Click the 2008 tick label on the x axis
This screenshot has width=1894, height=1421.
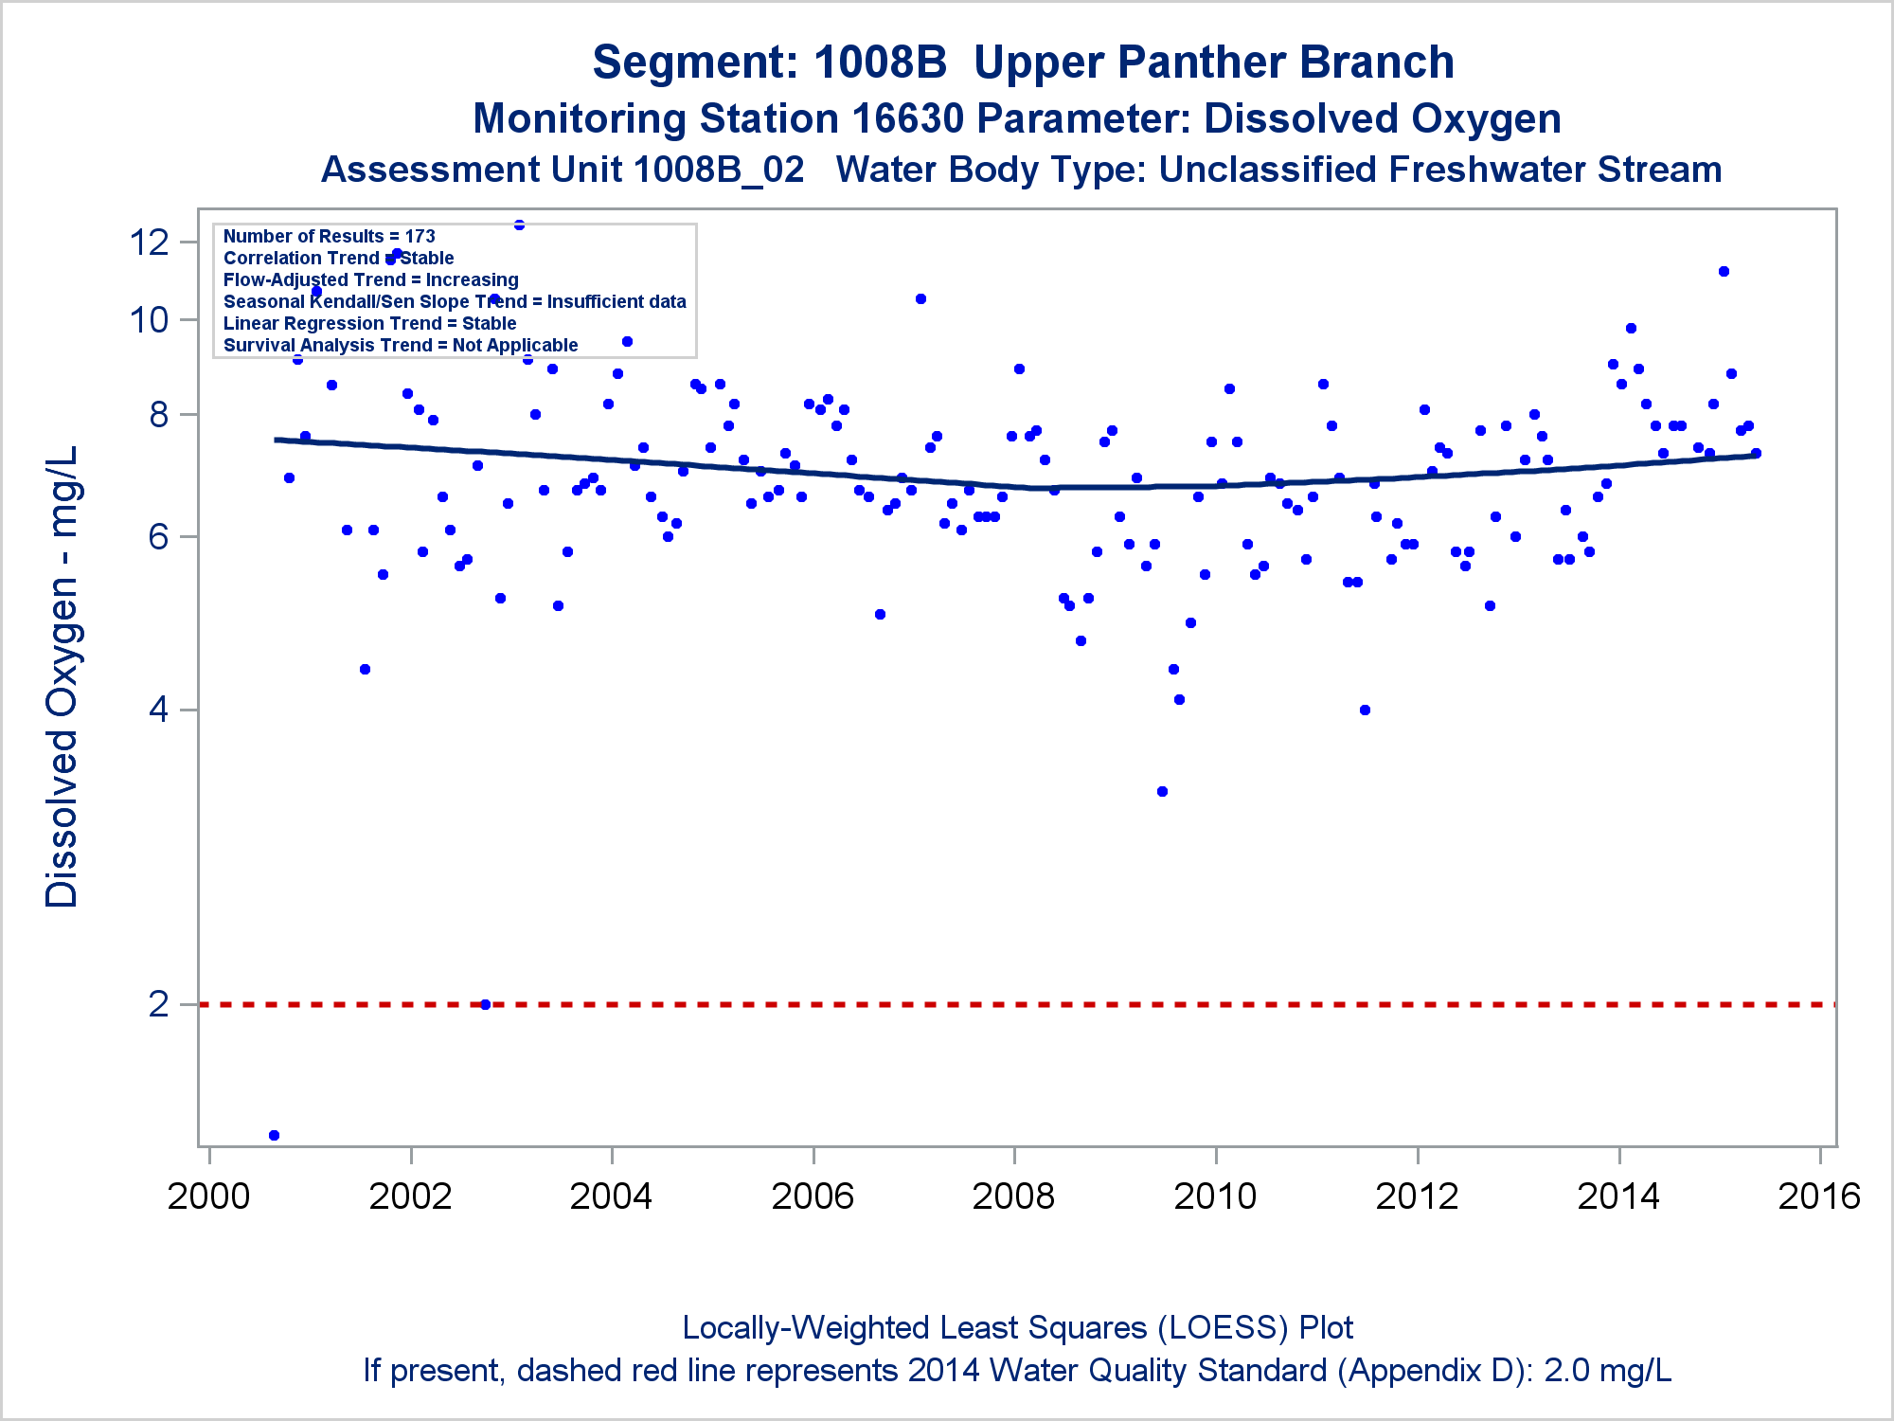point(1013,1196)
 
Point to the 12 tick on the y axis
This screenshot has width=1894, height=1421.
point(150,243)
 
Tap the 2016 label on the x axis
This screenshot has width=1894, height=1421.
point(1819,1196)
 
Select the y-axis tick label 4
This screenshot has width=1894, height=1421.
point(159,710)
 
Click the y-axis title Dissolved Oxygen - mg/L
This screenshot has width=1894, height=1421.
point(63,676)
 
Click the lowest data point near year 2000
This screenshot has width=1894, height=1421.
point(274,1135)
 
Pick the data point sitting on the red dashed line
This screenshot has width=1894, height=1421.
point(486,1004)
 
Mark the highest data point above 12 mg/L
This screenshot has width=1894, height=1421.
point(519,225)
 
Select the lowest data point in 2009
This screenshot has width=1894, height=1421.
point(1162,791)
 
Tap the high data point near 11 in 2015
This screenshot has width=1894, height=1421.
point(1724,271)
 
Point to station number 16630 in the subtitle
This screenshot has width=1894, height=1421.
point(907,119)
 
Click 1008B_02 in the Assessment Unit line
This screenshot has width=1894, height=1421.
point(719,170)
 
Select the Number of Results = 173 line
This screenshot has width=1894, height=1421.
point(329,236)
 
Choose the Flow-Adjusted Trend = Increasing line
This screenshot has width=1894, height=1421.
point(370,279)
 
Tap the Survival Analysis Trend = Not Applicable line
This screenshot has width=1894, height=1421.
point(400,345)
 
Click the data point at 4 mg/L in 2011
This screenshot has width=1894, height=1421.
point(1365,710)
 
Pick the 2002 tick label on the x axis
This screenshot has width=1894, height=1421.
point(410,1196)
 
